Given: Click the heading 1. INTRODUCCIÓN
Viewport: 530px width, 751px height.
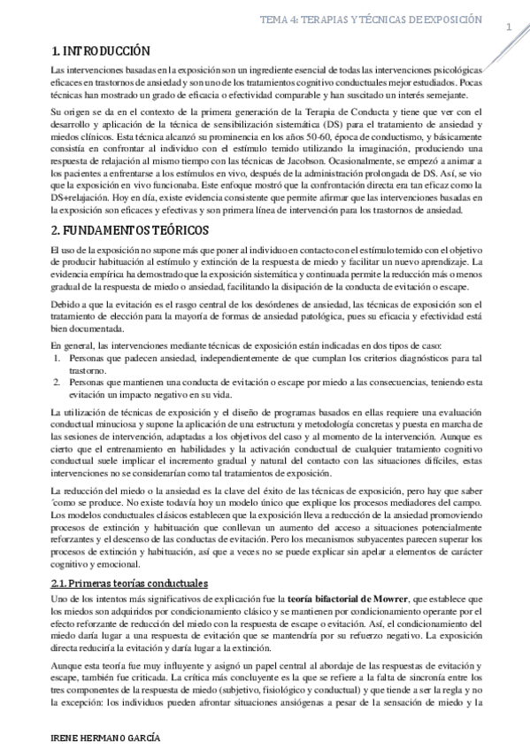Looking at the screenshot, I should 100,50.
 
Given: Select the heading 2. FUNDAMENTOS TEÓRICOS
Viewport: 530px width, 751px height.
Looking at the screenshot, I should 131,230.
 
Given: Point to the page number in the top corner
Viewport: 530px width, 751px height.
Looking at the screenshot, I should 509,27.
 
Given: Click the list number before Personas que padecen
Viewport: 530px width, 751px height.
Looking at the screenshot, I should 58,358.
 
